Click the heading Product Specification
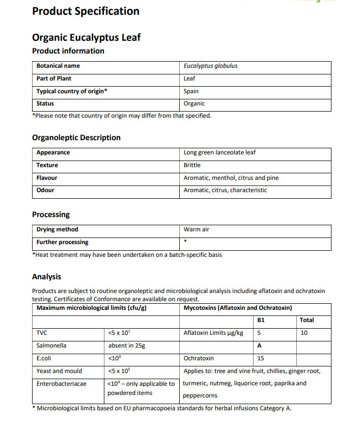point(86,11)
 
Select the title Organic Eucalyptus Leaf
point(86,37)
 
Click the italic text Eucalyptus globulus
point(210,66)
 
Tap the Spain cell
point(191,91)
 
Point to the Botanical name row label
point(58,66)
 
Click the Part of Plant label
point(54,78)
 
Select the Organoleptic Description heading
point(76,138)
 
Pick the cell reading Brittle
point(192,165)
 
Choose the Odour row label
point(45,190)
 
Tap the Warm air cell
point(197,229)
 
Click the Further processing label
point(63,242)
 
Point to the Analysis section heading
point(46,277)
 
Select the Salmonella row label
point(51,346)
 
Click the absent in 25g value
point(127,346)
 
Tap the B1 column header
point(261,320)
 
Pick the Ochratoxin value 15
point(261,358)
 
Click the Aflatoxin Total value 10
point(304,333)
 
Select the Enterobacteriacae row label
point(62,383)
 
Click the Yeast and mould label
point(59,371)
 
